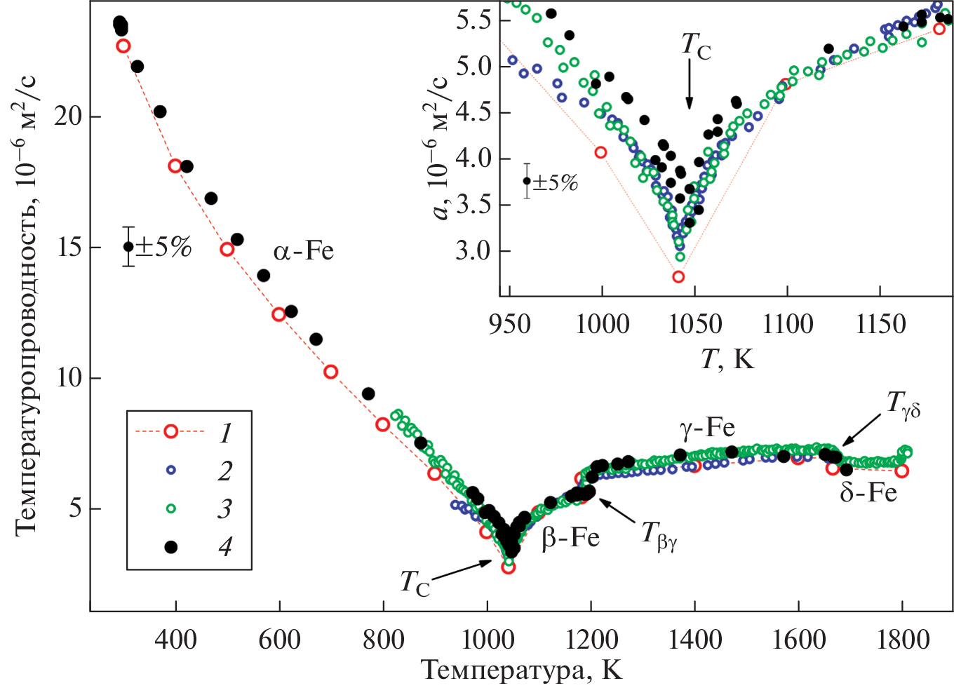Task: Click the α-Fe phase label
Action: point(303,250)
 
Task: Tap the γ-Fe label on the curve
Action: point(706,427)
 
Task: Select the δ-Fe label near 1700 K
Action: point(868,492)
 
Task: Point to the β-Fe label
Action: point(570,537)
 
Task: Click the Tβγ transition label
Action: point(659,537)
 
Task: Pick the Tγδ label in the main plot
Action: point(903,405)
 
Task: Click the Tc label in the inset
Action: point(696,46)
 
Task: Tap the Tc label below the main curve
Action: point(415,583)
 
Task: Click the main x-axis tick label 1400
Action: point(694,640)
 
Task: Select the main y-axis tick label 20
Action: point(69,116)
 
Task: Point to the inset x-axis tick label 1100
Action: point(787,324)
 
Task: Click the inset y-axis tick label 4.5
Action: point(473,112)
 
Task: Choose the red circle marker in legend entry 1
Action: point(170,431)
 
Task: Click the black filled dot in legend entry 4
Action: point(170,547)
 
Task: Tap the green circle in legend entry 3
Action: point(170,508)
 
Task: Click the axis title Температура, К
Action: point(522,670)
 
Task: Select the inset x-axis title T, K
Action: point(727,359)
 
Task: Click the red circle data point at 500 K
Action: point(227,249)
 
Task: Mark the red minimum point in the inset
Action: point(678,276)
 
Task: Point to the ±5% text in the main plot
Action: point(163,247)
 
